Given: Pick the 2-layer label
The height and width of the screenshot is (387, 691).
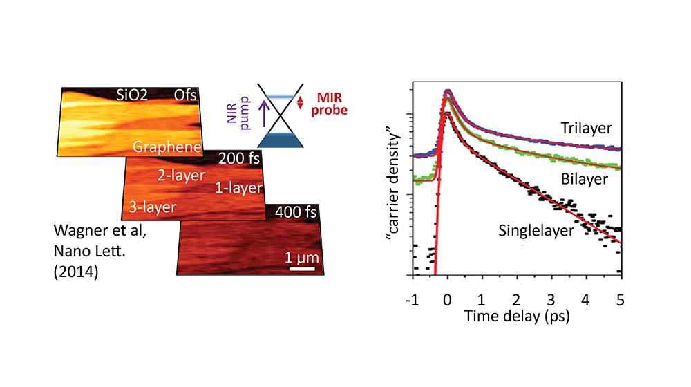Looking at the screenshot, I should click(x=178, y=176).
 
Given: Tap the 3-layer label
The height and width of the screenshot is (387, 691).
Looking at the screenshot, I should click(x=151, y=206).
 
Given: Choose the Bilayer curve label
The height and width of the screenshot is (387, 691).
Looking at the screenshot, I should click(x=585, y=179).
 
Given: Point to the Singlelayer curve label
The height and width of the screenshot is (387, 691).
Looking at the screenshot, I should click(x=536, y=230).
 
